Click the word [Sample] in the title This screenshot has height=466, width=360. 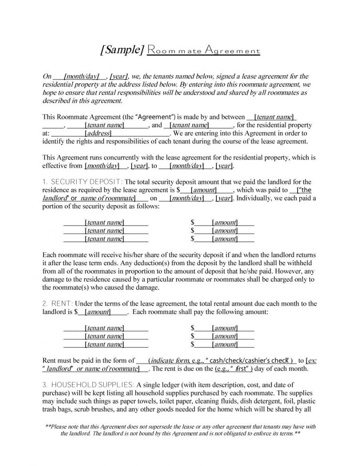[x=121, y=50]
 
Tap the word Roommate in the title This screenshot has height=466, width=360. [x=173, y=51]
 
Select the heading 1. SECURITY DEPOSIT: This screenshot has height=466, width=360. [x=83, y=182]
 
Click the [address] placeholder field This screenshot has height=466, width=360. [x=98, y=133]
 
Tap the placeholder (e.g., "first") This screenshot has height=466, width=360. [x=233, y=369]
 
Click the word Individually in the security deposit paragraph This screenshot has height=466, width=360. [x=254, y=198]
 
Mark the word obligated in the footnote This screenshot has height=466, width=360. [x=234, y=434]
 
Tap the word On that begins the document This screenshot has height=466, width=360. [x=47, y=77]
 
